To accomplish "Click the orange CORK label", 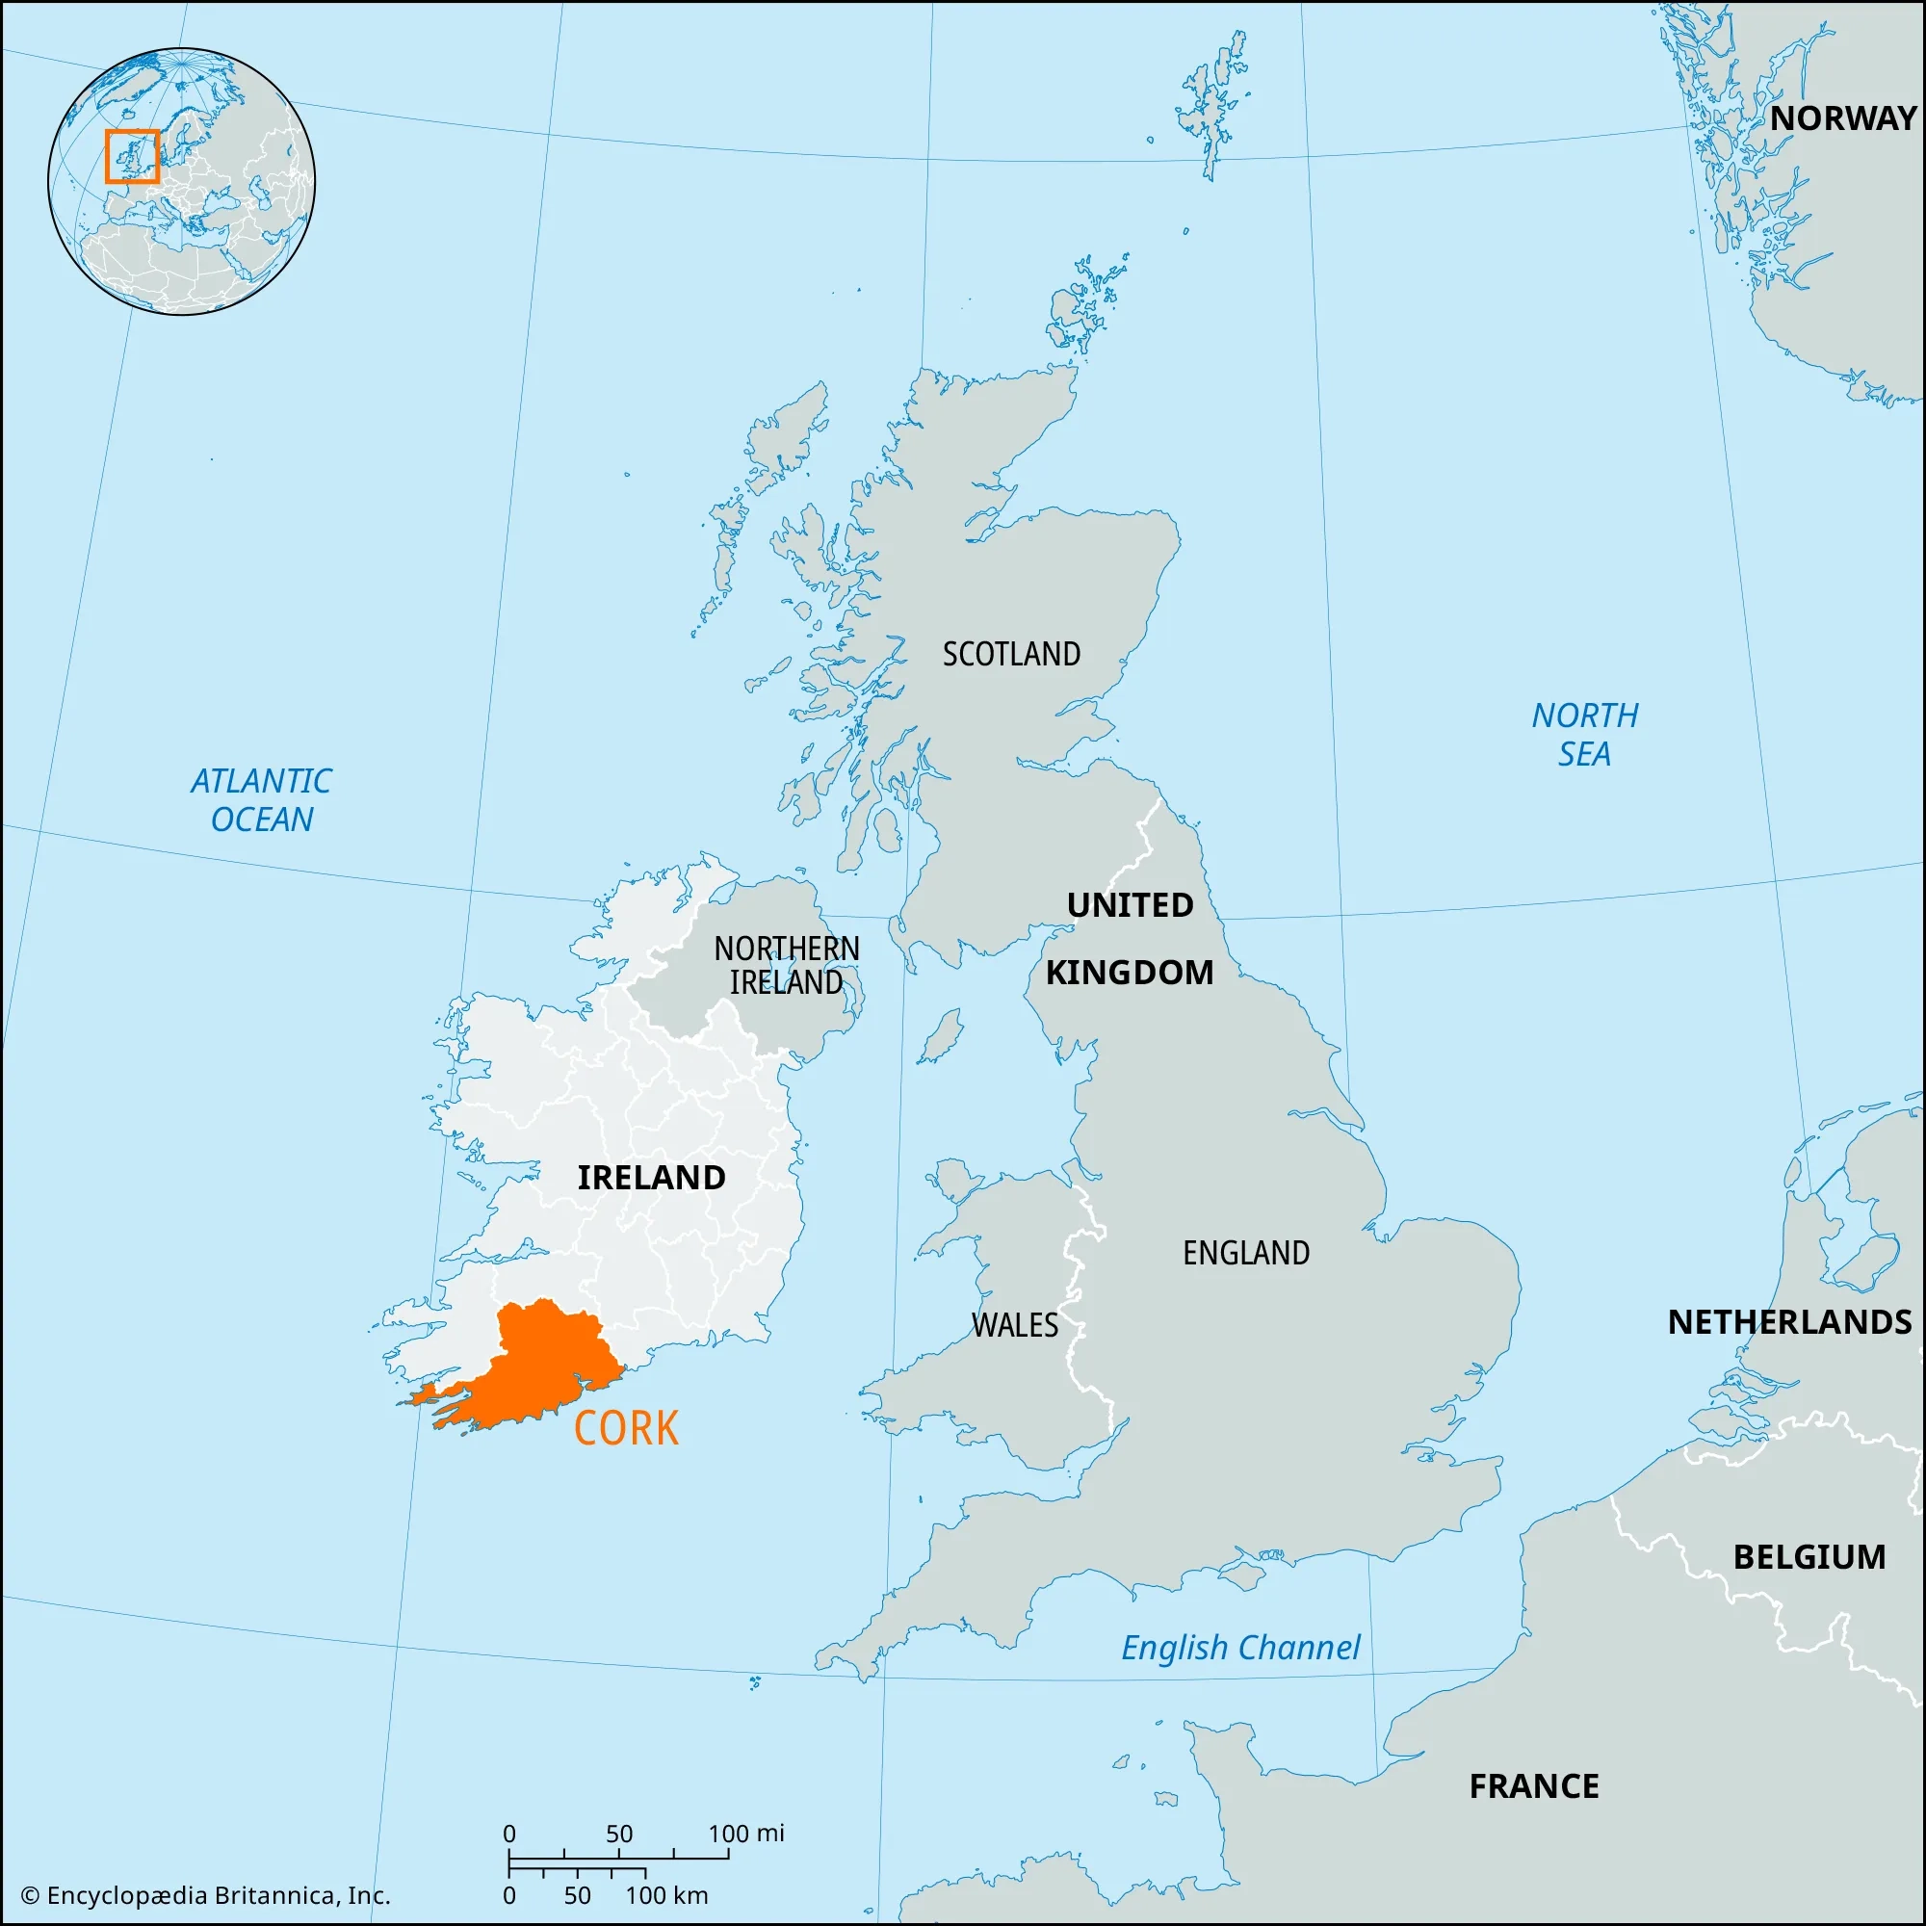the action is (x=626, y=1428).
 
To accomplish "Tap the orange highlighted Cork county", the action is (x=538, y=1366).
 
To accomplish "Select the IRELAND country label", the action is (x=652, y=1178).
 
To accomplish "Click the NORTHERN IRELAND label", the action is (x=787, y=965).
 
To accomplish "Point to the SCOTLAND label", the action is (x=1012, y=654).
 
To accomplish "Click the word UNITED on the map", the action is (x=1130, y=905).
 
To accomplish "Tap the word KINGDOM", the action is (x=1130, y=972).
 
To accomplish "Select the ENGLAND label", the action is (x=1246, y=1253).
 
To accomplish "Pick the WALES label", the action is (x=1015, y=1325).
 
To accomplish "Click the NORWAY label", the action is (x=1843, y=118).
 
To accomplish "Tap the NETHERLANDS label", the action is (x=1789, y=1322).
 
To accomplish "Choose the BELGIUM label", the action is (x=1809, y=1557).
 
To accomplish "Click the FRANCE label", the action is (x=1534, y=1786).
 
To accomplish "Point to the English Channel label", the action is (x=1240, y=1648).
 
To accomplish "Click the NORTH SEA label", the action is (x=1584, y=735).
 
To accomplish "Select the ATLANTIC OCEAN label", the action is (x=261, y=799).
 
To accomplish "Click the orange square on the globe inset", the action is (x=132, y=157).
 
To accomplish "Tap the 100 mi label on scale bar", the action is (x=745, y=1834).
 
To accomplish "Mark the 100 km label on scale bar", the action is (x=667, y=1895).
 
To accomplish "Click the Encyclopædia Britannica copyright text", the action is (x=205, y=1895).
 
